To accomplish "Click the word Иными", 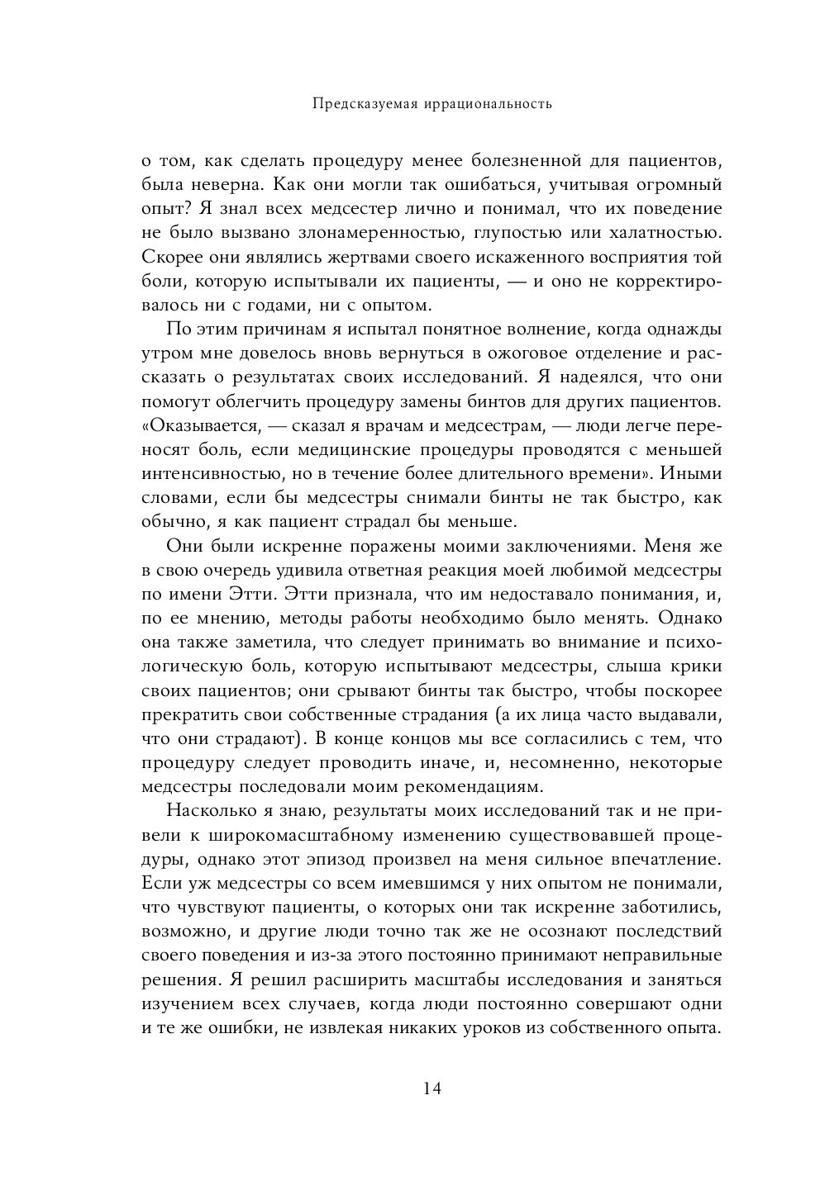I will click(x=694, y=475).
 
